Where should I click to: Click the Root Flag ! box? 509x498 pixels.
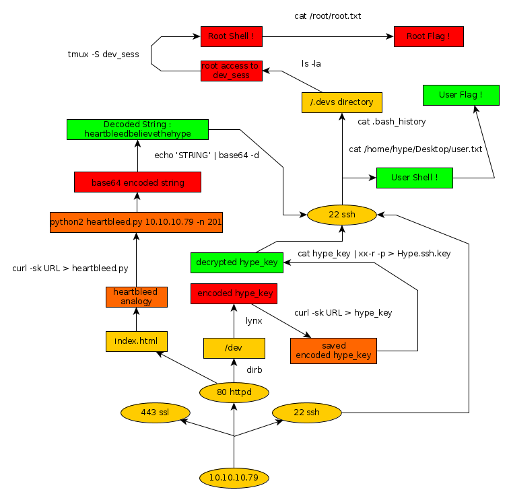pos(429,37)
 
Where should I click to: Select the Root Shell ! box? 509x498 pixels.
pos(231,37)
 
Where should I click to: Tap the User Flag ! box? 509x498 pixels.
pos(461,95)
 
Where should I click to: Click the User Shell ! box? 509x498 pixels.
pos(414,178)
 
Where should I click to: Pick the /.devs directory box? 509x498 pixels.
pos(341,102)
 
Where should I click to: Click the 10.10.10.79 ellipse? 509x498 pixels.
pos(234,478)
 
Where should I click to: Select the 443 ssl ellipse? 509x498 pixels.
pos(154,412)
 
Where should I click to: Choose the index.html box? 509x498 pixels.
pos(136,341)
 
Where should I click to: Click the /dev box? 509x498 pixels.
pos(234,348)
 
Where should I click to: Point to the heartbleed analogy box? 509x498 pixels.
pos(136,297)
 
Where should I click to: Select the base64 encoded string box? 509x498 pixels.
pos(137,182)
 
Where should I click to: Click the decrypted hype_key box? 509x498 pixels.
pos(236,262)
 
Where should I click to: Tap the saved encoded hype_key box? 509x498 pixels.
pos(333,351)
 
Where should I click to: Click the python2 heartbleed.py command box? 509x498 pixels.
pos(136,222)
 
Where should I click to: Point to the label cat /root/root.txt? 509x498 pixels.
pos(328,15)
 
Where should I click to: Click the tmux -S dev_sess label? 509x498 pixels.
pos(104,54)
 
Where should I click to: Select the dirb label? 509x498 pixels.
pos(254,370)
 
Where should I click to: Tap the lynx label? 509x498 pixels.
pos(254,321)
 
